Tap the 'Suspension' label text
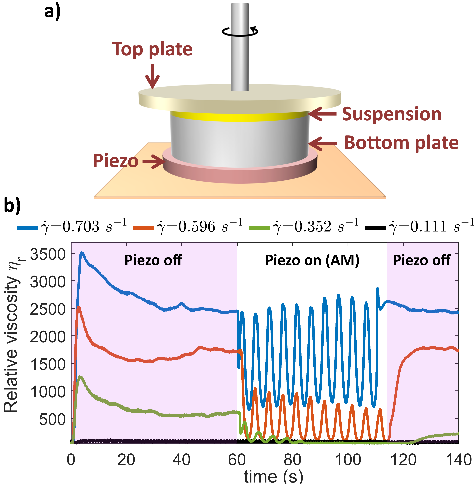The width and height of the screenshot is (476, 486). click(x=392, y=114)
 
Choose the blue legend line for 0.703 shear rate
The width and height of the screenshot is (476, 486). click(x=28, y=228)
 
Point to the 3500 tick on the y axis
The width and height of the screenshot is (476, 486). click(x=48, y=254)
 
